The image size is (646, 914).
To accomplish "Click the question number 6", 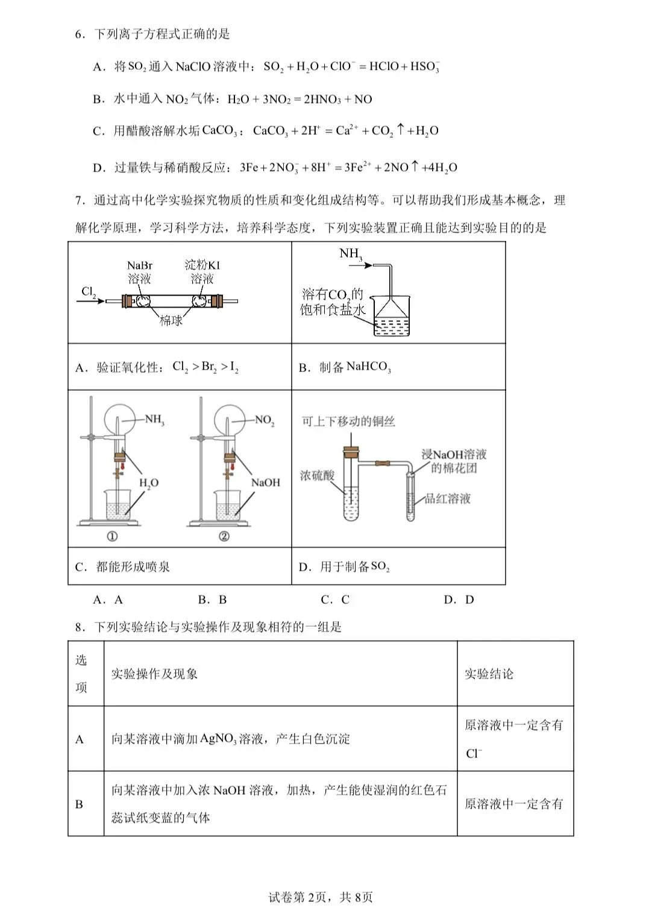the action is click(80, 34).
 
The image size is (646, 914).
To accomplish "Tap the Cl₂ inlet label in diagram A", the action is click(89, 292).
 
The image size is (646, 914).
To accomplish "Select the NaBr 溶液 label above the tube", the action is click(139, 272).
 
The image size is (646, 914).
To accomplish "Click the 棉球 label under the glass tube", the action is click(171, 320).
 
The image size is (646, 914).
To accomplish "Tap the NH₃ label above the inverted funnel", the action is click(351, 254).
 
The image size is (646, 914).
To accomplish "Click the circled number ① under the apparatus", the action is click(112, 536).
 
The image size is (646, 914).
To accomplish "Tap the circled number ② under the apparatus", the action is click(224, 536).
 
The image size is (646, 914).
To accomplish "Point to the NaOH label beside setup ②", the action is click(266, 482).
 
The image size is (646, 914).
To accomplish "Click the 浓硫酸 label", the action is click(317, 476).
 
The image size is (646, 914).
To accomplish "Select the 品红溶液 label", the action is click(447, 499).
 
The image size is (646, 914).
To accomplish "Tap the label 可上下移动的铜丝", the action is click(348, 421).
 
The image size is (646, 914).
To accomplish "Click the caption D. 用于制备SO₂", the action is click(344, 567).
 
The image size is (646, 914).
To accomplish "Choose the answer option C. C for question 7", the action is click(335, 600).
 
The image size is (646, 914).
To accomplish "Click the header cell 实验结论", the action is click(489, 674).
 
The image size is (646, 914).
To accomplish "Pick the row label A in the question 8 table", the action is click(80, 739).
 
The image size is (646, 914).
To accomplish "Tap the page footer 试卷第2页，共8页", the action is click(321, 897).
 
